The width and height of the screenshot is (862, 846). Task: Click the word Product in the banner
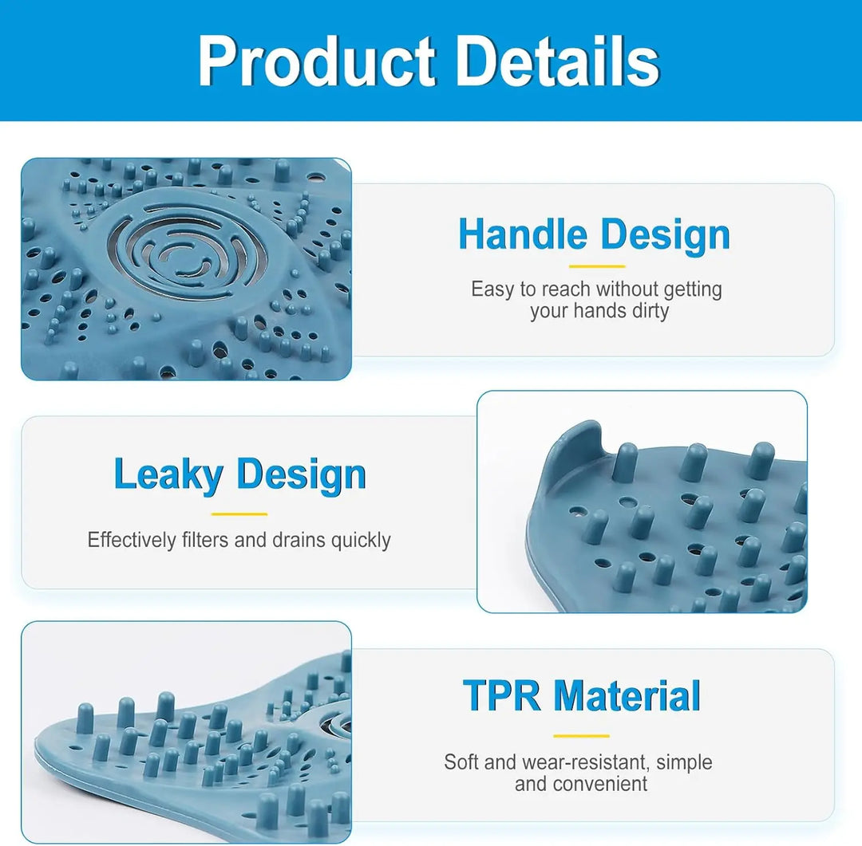317,61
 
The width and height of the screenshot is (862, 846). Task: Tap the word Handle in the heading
523,234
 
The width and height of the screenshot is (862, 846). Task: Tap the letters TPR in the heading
501,695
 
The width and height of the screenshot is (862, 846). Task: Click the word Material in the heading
627,695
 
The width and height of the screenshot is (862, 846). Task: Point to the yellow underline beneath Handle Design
597,266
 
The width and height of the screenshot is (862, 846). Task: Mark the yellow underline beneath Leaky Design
239,514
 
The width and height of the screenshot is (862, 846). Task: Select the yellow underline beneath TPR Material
581,736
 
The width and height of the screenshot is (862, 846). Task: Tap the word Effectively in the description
132,540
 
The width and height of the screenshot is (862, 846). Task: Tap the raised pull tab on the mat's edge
571,451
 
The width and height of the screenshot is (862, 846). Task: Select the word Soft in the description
462,762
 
